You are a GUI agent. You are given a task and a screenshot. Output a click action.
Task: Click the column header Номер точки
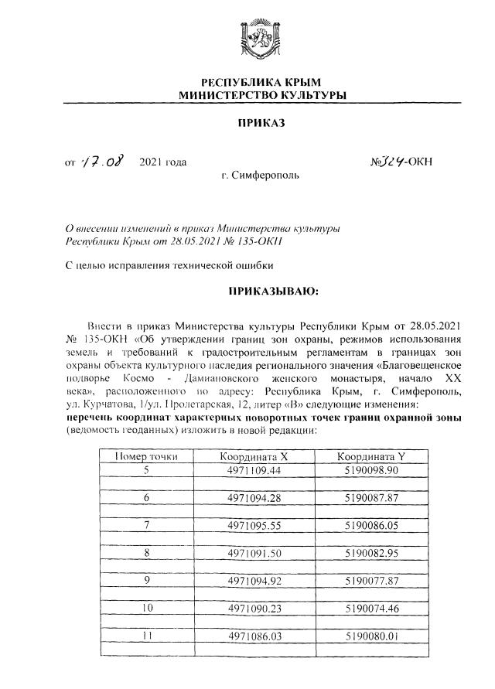pyautogui.click(x=145, y=456)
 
